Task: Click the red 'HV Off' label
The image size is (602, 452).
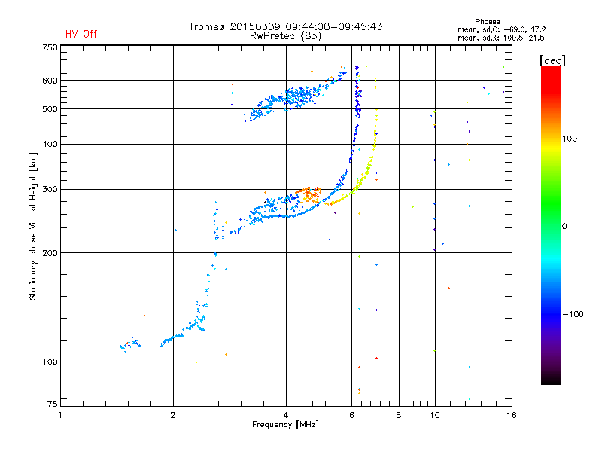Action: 81,34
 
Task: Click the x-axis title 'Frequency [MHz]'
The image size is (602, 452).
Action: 285,426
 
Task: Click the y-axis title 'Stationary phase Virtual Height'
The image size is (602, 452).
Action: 33,226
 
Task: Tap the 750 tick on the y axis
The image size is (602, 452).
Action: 50,47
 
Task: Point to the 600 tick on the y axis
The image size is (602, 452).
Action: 50,81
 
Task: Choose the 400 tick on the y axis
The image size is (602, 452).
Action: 50,144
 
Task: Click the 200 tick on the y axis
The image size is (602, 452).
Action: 50,253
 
